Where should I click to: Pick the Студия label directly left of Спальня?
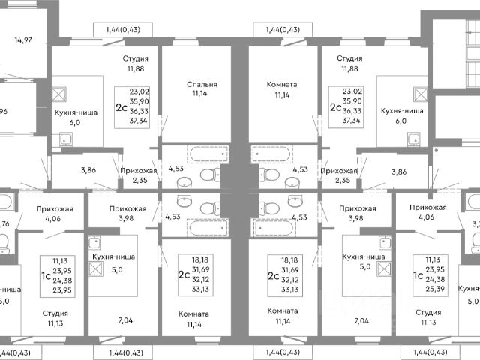pos(136,58)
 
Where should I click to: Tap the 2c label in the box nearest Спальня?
pos(121,106)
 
